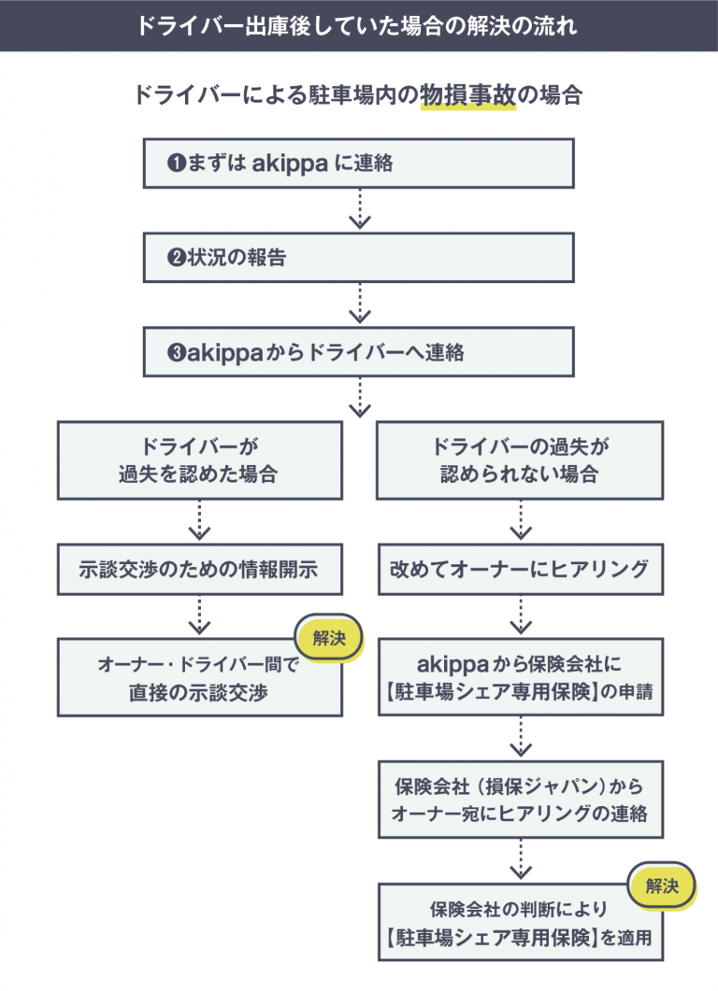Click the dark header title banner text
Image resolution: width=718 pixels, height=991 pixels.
359,25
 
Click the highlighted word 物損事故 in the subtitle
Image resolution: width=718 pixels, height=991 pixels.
467,96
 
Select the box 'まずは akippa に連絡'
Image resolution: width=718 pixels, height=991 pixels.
358,163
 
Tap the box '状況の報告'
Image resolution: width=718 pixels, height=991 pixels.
358,258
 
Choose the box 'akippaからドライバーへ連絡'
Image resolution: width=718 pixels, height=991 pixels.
358,353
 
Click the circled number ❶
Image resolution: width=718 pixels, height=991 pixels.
176,163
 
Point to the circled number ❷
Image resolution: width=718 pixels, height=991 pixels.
176,259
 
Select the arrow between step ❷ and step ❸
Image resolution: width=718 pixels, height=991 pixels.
359,305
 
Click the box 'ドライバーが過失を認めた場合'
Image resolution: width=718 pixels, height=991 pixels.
199,460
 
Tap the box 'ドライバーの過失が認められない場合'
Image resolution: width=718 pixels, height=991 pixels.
520,460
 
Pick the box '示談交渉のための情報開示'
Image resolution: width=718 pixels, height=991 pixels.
199,570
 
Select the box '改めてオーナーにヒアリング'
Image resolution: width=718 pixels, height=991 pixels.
520,570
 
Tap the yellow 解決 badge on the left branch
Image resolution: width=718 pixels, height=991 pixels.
329,639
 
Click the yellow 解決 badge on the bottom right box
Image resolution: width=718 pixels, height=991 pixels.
662,885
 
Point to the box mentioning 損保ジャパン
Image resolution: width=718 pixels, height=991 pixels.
520,800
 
